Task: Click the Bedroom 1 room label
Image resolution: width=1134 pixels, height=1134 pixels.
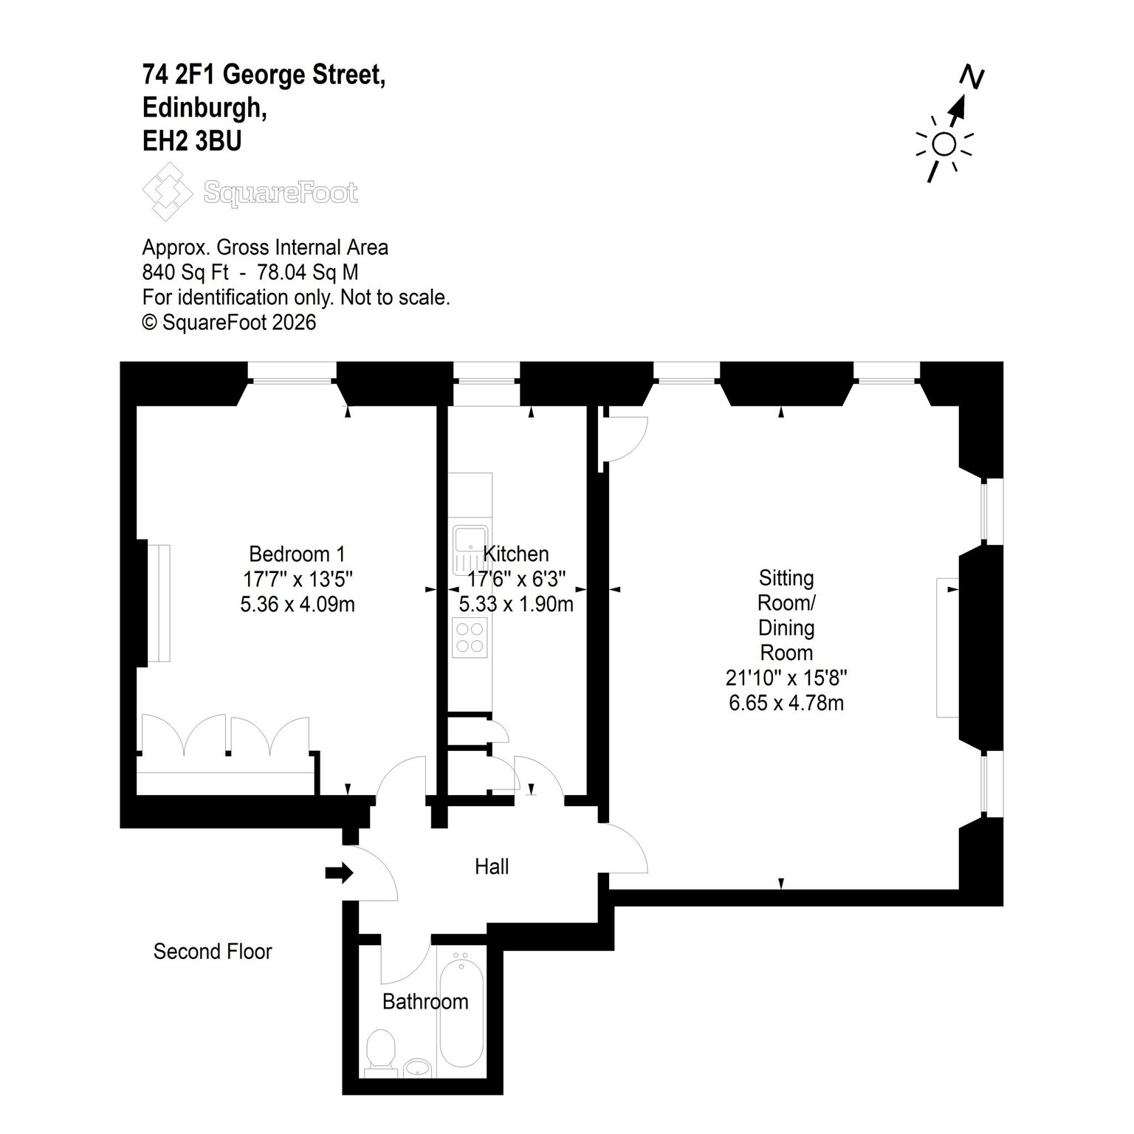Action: (297, 554)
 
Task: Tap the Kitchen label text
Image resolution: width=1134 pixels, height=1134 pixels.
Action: (515, 554)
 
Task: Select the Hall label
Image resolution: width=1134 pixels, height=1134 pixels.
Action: (492, 867)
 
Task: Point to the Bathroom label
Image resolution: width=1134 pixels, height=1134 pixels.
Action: (425, 1002)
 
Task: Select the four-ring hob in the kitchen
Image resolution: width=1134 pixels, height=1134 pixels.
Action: (470, 637)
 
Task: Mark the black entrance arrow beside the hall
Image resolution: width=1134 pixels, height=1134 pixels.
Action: (340, 873)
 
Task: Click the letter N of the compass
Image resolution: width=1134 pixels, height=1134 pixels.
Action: (972, 78)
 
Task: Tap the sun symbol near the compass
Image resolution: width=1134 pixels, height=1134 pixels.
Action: (944, 145)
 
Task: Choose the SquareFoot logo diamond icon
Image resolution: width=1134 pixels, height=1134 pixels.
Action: (166, 192)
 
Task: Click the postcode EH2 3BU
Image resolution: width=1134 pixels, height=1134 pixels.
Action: (192, 140)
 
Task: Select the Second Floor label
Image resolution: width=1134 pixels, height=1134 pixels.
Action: (213, 952)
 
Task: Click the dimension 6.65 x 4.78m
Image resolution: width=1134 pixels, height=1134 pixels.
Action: (786, 703)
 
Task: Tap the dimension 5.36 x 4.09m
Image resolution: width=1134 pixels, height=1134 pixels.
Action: (298, 605)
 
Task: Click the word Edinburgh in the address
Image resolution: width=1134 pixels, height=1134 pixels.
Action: (205, 108)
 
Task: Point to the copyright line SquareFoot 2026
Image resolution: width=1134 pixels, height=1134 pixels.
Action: (229, 323)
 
